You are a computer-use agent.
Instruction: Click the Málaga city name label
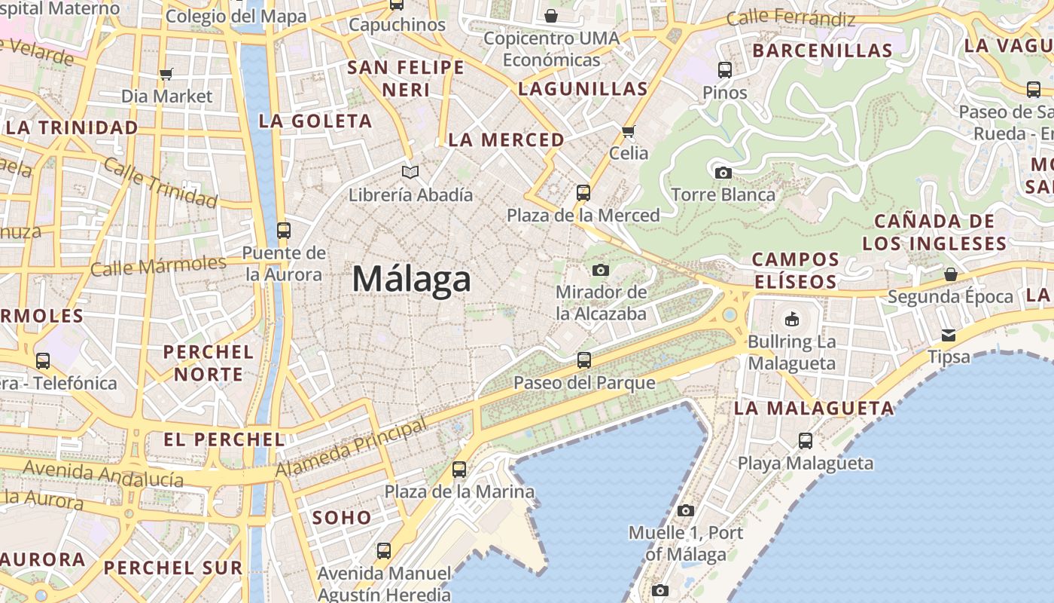click(412, 280)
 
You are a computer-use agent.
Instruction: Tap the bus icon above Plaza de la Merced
click(583, 192)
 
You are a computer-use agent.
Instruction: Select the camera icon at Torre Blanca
click(723, 173)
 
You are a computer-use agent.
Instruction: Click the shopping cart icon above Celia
click(628, 131)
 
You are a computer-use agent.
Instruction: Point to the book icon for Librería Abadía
click(410, 173)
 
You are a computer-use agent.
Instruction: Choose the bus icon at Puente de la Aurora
click(284, 230)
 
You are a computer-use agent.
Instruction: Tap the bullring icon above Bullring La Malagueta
click(791, 319)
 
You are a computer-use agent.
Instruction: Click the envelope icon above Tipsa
click(949, 335)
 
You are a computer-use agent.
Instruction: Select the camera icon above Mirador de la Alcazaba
click(600, 270)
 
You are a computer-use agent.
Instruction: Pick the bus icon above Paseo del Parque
click(584, 360)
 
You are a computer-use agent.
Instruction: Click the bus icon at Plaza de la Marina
click(459, 470)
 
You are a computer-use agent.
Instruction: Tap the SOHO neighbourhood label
click(342, 518)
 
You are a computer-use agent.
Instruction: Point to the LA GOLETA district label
click(315, 121)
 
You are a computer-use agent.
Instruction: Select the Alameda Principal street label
click(352, 448)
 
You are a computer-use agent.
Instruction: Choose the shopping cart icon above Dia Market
click(166, 74)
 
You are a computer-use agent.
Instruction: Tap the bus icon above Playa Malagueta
click(806, 441)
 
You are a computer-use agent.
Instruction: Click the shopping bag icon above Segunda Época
click(951, 274)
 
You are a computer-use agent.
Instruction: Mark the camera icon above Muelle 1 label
click(685, 510)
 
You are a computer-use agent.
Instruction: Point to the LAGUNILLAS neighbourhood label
click(583, 88)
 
